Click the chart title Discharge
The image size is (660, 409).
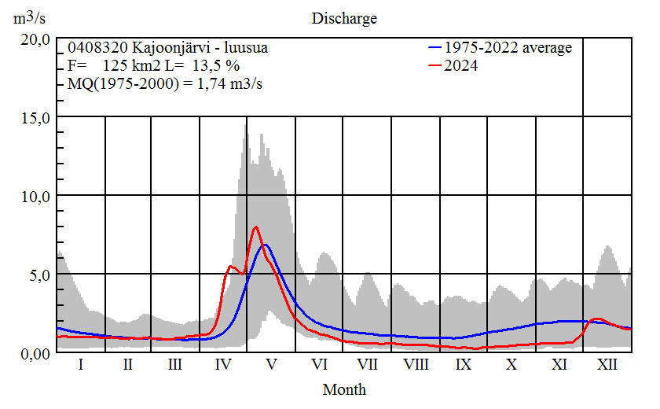pos(344,18)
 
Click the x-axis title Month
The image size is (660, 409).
pos(344,389)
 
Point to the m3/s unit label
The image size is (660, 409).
pos(32,18)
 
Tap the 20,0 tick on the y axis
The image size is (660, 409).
pos(35,39)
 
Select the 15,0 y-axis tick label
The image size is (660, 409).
pos(35,117)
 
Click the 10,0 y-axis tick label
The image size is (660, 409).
pos(35,196)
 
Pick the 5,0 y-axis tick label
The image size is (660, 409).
pos(38,275)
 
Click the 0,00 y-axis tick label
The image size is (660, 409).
pos(35,353)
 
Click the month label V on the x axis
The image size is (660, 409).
pos(272,366)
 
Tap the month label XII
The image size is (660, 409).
pos(607,366)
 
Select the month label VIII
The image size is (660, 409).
pos(416,366)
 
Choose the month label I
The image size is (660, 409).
pos(80,366)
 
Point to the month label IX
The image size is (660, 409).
pos(464,366)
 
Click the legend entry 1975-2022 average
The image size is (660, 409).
pos(508,48)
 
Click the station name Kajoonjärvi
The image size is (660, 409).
pos(164,48)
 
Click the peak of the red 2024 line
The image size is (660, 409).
pos(255,227)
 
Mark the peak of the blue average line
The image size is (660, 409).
pos(266,245)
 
